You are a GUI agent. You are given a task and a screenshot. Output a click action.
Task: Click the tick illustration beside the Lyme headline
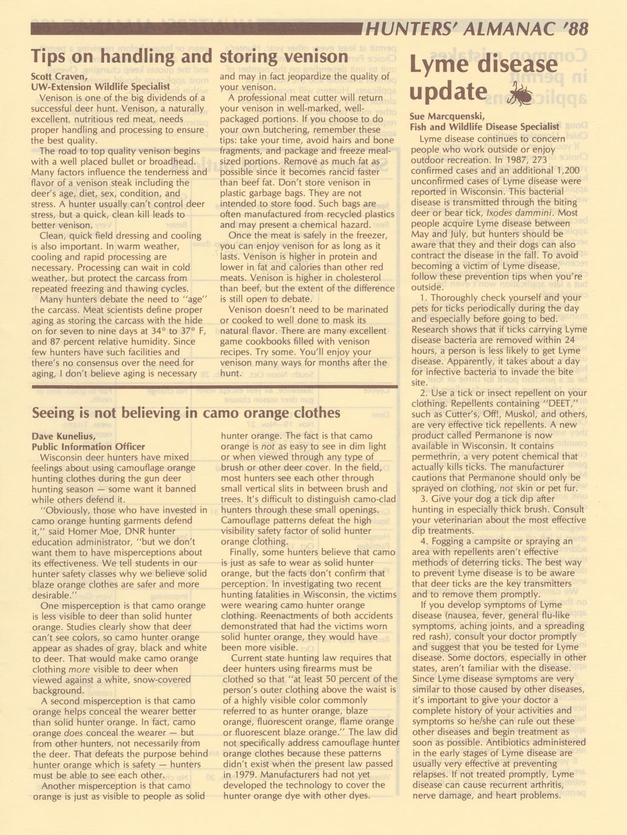tap(520, 94)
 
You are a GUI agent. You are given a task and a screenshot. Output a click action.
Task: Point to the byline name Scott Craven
tap(59, 76)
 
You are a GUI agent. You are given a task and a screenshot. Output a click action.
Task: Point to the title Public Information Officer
tap(88, 447)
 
